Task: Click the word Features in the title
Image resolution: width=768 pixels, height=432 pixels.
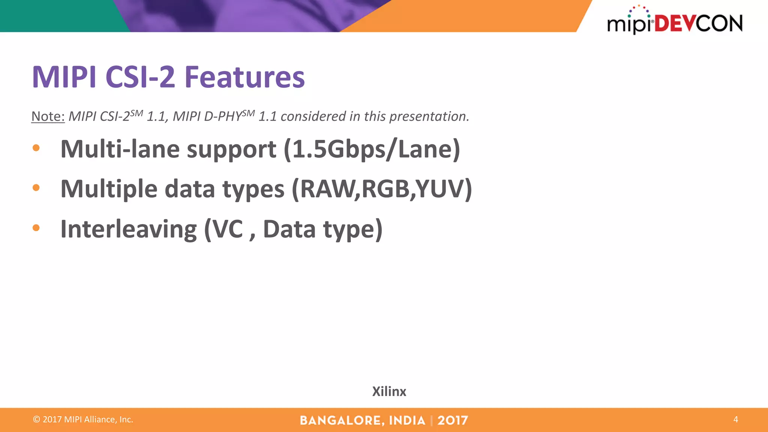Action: (x=244, y=77)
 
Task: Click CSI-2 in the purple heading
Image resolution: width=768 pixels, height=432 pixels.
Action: (x=140, y=77)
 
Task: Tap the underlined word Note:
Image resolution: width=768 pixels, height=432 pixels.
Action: (x=48, y=116)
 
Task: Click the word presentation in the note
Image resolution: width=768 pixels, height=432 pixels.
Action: (x=429, y=117)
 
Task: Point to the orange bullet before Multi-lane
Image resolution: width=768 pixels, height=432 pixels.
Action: (x=36, y=148)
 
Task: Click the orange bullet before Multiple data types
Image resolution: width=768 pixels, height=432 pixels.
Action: (x=36, y=187)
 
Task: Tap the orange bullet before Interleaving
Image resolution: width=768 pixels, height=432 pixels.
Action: (x=36, y=228)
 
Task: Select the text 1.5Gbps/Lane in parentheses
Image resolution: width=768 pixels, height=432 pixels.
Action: (x=372, y=149)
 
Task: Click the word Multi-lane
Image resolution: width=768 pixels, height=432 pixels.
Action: (x=120, y=149)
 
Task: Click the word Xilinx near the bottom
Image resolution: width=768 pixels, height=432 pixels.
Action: (x=389, y=391)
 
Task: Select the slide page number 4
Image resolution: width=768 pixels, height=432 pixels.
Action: (x=735, y=419)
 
